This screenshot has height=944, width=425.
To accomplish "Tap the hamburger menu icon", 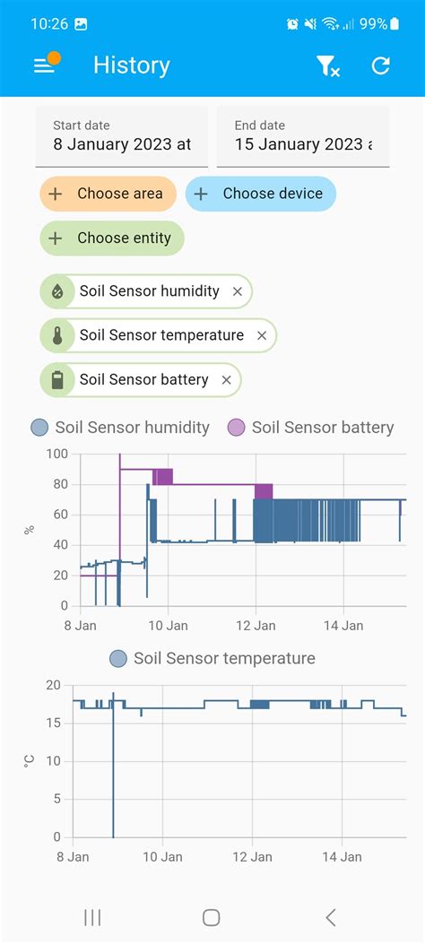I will coord(44,65).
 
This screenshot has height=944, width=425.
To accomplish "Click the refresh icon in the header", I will coord(381,65).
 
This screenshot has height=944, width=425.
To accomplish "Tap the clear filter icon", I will coord(328,65).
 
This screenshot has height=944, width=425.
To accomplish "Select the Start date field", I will coord(122,136).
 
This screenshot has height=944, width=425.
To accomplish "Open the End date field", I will coord(303,136).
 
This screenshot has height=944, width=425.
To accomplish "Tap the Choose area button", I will coord(108,194).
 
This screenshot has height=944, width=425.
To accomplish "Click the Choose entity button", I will coord(112,238).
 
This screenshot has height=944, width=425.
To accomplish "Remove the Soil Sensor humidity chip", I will coord(238,291).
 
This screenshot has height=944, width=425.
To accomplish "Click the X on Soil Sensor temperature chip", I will coord(262,335).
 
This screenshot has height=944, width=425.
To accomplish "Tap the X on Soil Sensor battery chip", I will coord(227,380).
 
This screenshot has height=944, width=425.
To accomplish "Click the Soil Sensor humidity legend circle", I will coord(39,428).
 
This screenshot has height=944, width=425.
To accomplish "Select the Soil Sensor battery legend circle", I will coord(236,428).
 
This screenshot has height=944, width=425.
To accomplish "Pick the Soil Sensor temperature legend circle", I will coord(118,659).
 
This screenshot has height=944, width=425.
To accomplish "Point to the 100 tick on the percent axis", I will coord(57,455).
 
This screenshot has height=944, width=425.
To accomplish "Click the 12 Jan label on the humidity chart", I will coord(256,626).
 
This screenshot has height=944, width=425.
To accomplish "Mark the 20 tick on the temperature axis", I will coord(54,686).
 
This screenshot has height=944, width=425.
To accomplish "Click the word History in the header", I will coord(131,65).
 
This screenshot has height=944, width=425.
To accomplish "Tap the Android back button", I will coord(331,917).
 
